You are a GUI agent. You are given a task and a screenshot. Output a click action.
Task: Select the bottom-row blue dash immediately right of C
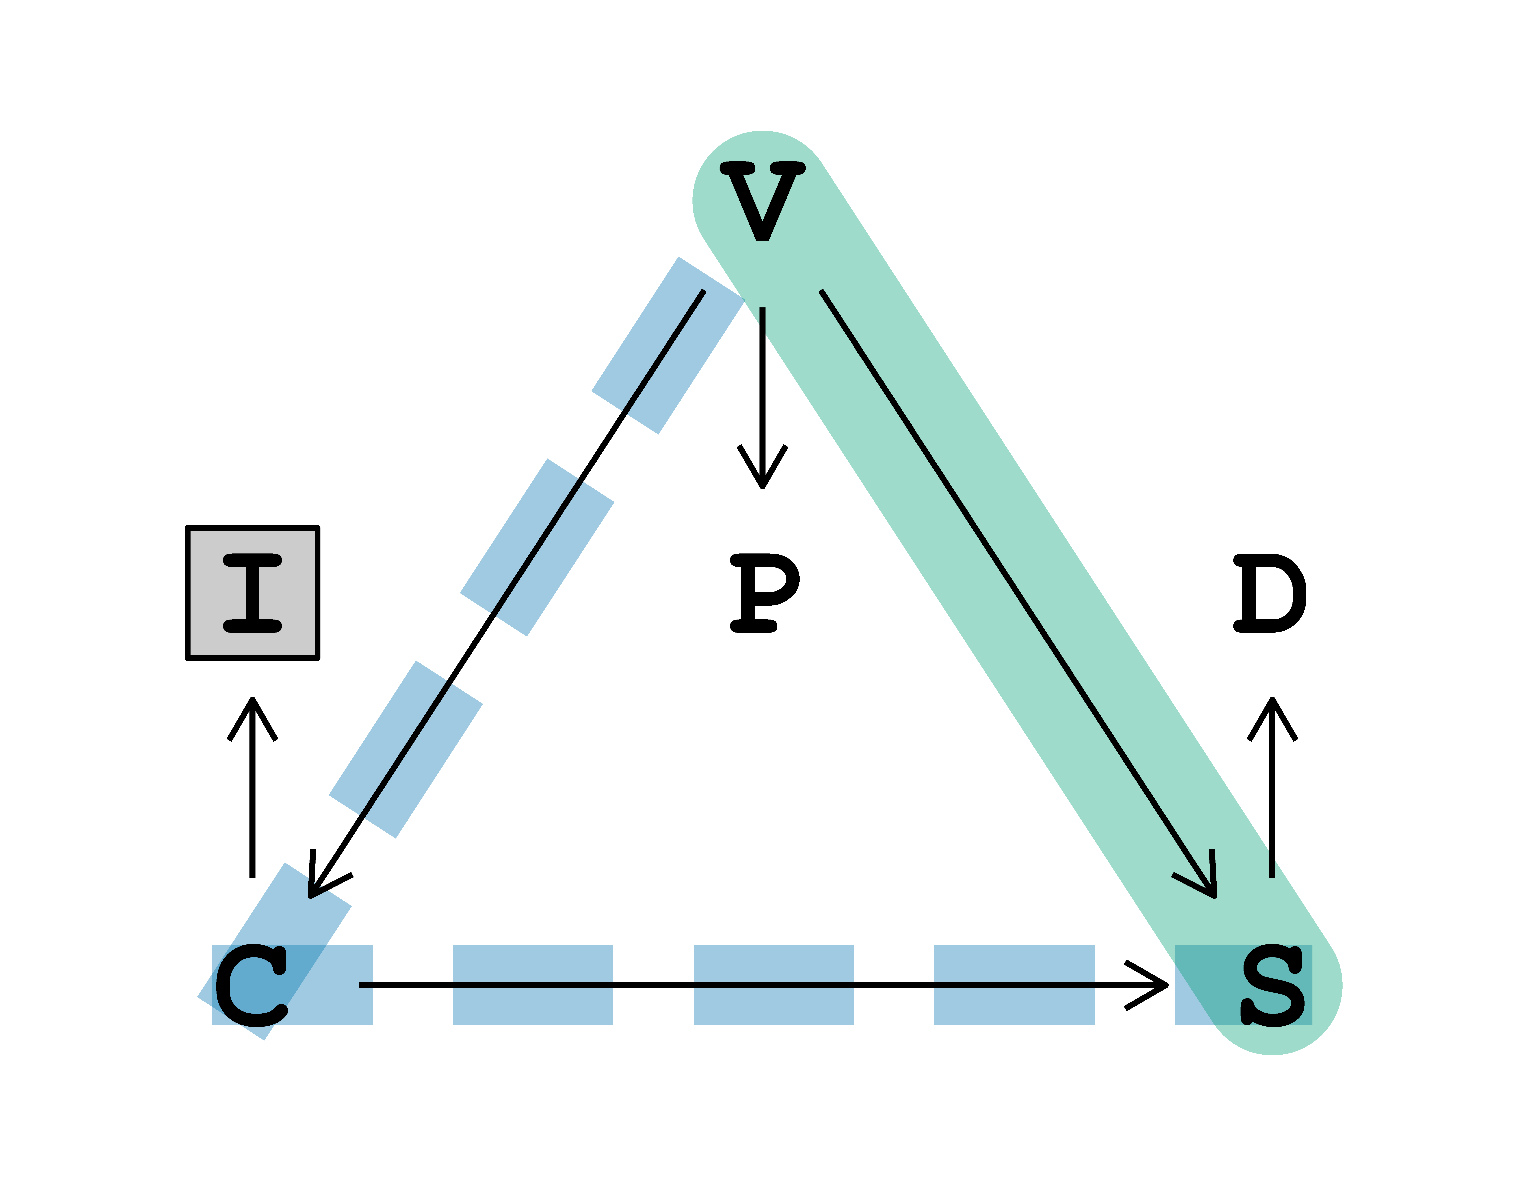[x=533, y=985]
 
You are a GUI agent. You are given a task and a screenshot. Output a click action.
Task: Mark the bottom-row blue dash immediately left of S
[x=1014, y=985]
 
